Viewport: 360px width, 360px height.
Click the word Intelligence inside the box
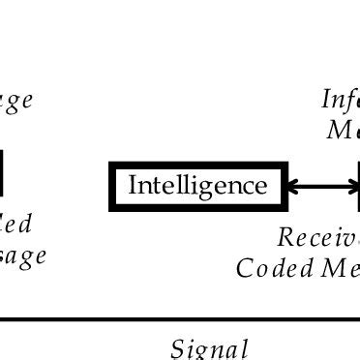[x=197, y=186]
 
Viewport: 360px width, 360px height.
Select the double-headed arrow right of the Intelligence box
[x=322, y=186]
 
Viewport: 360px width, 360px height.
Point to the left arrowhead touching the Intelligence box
[x=293, y=186]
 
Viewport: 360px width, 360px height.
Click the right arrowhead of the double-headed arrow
[x=351, y=186]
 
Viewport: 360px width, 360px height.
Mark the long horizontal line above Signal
[x=180, y=318]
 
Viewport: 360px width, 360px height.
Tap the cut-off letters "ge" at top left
[x=16, y=101]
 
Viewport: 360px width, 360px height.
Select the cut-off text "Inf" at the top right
[x=340, y=100]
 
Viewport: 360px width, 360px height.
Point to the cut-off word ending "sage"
[x=23, y=256]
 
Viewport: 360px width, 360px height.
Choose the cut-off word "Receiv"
[x=318, y=237]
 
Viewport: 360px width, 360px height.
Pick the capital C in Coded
[x=243, y=267]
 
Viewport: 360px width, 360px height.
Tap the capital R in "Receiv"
[x=285, y=237]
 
